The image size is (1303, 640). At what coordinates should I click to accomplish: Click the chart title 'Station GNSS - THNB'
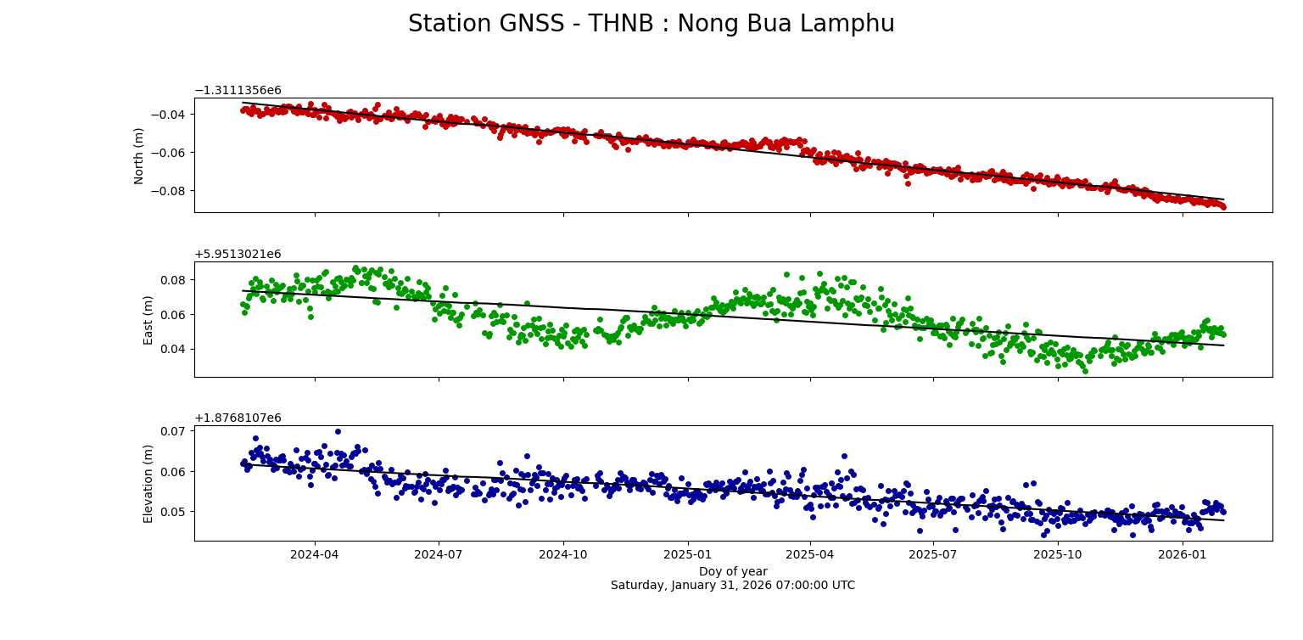coord(651,24)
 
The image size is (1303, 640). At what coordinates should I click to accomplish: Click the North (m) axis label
coord(139,155)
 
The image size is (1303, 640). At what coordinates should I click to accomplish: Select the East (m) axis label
coord(148,320)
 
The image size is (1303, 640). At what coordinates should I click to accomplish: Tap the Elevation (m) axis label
coord(148,483)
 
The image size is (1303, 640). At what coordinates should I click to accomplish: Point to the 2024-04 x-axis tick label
coord(315,554)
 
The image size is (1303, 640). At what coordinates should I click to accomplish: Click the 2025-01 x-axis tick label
coord(686,554)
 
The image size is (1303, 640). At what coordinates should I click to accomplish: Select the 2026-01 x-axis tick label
coord(1182,554)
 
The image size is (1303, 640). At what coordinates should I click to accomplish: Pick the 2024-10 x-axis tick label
coord(562,554)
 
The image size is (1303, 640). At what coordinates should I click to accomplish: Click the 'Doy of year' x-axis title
coord(732,571)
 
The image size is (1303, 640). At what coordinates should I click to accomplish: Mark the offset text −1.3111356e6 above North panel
coord(238,91)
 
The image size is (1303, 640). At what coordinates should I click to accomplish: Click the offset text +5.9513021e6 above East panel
coord(238,255)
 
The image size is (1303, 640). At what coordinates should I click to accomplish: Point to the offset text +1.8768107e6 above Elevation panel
coord(238,418)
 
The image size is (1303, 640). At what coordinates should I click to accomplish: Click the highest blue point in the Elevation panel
coord(338,431)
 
